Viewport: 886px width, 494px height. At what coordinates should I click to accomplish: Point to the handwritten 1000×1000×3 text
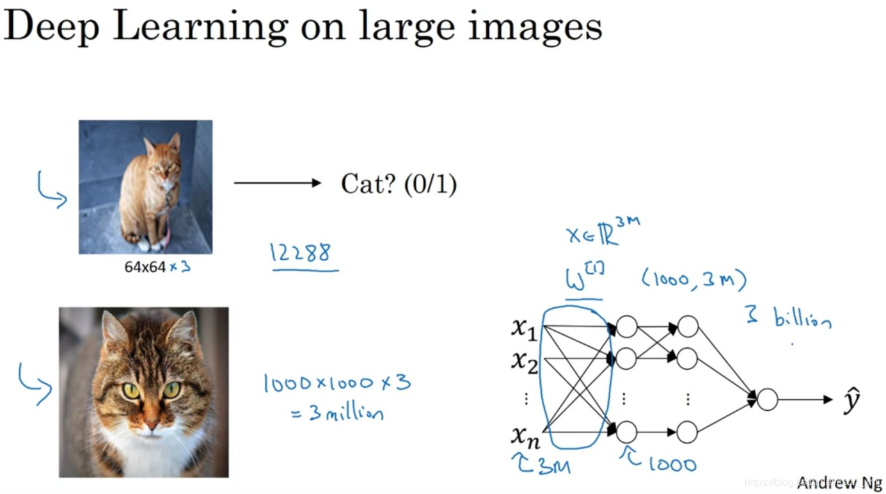[x=336, y=383]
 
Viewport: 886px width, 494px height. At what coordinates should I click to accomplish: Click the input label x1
[x=525, y=328]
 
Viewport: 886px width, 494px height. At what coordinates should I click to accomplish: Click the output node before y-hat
[x=767, y=400]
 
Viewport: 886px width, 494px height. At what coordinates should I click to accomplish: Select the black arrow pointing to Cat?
[x=277, y=184]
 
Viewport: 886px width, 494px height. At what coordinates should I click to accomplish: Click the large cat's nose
[x=152, y=423]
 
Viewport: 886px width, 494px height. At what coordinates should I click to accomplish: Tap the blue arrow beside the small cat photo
[x=52, y=190]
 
